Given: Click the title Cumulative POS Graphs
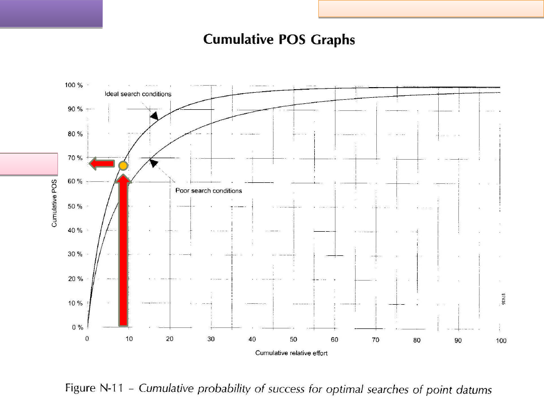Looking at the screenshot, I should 279,39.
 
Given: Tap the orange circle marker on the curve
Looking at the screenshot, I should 123,165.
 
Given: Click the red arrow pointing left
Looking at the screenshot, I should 102,163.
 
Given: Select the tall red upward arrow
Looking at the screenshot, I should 123,252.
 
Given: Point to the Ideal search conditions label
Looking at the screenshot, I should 138,94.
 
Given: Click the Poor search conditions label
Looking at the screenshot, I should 209,191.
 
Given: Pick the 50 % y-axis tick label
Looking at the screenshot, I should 75,207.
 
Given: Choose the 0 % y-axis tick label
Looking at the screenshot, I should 77,328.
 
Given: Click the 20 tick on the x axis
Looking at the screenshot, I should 170,340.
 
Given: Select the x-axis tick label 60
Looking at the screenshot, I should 334,340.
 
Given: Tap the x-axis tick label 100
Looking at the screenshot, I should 501,341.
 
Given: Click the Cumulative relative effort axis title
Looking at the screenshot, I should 291,353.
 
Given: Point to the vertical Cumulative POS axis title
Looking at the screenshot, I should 54,203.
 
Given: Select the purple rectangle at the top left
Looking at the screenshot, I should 51,13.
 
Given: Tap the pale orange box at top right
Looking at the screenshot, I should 430,9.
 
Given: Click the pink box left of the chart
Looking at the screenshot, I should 29,164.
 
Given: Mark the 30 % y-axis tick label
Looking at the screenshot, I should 75,254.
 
